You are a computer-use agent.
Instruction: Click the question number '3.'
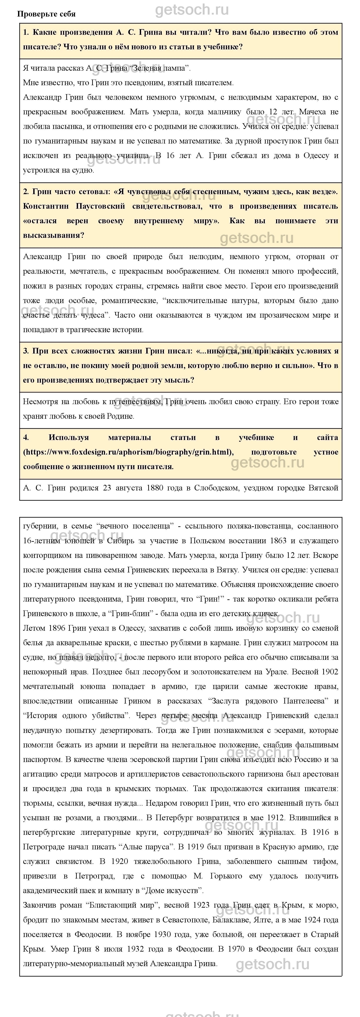[x=26, y=351]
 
